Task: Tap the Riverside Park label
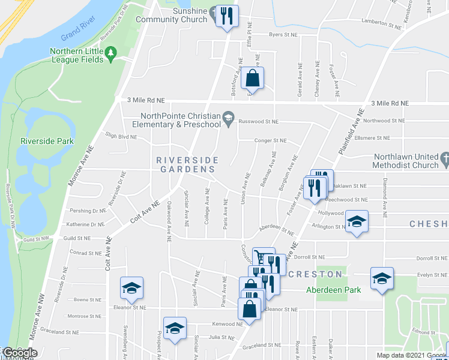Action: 47,141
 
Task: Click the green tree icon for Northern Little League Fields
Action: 110,55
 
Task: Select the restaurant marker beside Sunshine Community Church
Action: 227,16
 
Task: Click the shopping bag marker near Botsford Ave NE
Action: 253,79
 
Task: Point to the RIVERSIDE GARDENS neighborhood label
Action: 184,165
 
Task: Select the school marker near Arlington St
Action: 357,223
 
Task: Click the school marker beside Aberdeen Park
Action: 382,278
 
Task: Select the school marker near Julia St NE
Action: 175,328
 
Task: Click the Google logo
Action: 19,353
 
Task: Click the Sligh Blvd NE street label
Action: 121,136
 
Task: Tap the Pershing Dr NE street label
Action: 87,211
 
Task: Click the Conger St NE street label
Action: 270,140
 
